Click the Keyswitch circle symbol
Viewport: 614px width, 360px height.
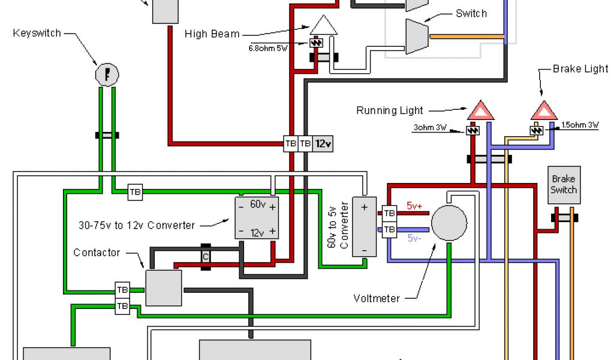pyautogui.click(x=107, y=74)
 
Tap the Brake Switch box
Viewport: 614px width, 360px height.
pyautogui.click(x=564, y=185)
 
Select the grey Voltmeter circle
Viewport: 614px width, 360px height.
pyautogui.click(x=449, y=223)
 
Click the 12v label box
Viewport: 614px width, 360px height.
pyautogui.click(x=323, y=144)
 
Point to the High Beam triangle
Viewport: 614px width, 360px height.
pyautogui.click(x=323, y=25)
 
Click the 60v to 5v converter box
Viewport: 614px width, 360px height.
pyautogui.click(x=364, y=227)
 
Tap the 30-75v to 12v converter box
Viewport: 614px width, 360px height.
pyautogui.click(x=257, y=218)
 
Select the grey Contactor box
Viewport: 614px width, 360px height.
pyautogui.click(x=164, y=288)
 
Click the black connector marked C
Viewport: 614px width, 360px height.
pyautogui.click(x=206, y=257)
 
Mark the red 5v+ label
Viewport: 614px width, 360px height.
pyautogui.click(x=414, y=206)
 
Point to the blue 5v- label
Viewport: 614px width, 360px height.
pyautogui.click(x=414, y=238)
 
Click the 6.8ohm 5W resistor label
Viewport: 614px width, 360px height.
pyautogui.click(x=268, y=48)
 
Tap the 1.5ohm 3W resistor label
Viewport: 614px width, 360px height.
pyautogui.click(x=580, y=125)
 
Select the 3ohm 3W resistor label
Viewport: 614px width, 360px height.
pyautogui.click(x=430, y=127)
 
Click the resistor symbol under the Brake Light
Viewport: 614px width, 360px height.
pyautogui.click(x=537, y=130)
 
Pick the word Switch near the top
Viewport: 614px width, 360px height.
pyautogui.click(x=471, y=13)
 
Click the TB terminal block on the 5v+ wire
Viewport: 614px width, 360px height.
pyautogui.click(x=389, y=213)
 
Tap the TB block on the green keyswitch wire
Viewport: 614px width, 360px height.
pyautogui.click(x=135, y=192)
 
